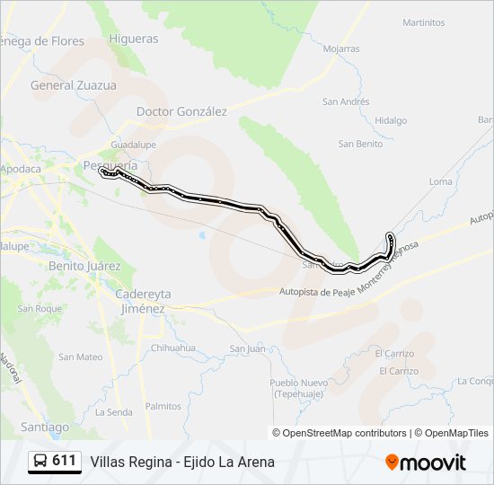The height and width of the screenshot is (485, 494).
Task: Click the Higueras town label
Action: pos(133,39)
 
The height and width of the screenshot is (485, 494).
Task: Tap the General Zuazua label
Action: pos(74,85)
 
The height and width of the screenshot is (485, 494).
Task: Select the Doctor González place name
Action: pos(181,111)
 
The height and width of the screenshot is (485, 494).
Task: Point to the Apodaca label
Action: pos(21,169)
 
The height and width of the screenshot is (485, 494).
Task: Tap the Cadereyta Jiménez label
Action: pos(144,301)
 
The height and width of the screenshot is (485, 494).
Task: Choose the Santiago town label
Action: pos(44,427)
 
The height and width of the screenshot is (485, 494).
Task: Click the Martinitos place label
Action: pos(424,22)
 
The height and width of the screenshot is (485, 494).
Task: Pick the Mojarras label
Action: pos(341,48)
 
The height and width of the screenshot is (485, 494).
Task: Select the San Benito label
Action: pos(360,144)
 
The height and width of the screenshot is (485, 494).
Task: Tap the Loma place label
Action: pos(441,181)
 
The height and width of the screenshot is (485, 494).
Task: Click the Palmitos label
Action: pos(163,406)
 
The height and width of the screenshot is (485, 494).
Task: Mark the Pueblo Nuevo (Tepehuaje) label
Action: pos(298,387)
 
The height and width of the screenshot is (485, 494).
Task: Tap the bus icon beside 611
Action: pos(40,462)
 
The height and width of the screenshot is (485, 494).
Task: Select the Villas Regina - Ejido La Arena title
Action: pos(182,463)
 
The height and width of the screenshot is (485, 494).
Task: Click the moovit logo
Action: pos(426,463)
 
